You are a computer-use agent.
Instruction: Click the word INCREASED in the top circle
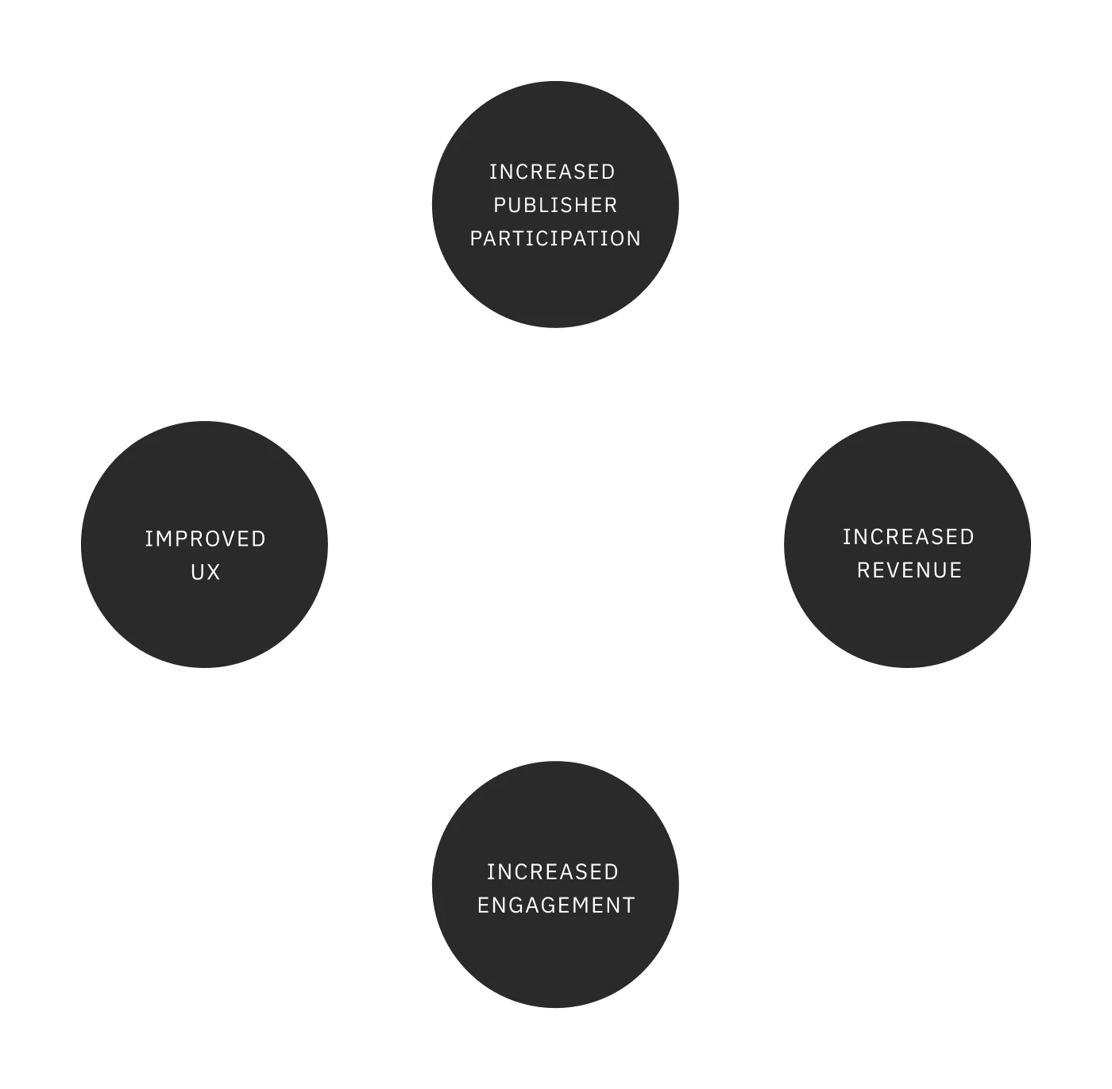[x=552, y=172]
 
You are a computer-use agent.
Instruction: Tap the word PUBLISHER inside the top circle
[x=555, y=205]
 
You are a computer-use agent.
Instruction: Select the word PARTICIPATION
[x=555, y=238]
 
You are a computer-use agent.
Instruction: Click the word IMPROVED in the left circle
[x=205, y=539]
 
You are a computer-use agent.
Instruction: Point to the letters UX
[x=205, y=572]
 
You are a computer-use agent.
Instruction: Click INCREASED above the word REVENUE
[x=908, y=537]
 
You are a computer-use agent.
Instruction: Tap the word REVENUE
[x=909, y=570]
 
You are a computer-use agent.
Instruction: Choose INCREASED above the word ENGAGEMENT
[x=552, y=871]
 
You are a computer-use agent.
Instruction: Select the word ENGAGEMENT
[x=556, y=905]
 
